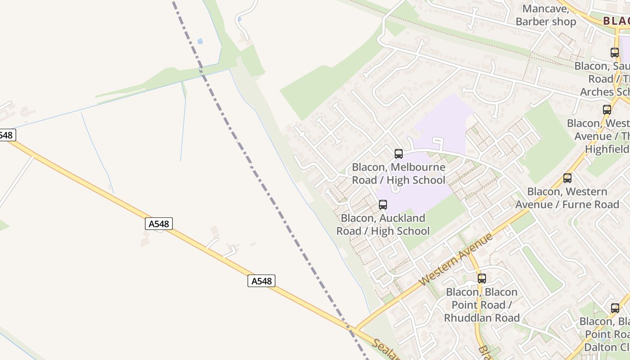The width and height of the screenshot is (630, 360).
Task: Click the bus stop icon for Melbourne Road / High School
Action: point(398,154)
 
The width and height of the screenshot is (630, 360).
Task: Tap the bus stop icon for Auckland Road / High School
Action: point(382,205)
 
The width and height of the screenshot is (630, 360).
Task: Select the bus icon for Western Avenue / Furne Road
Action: point(567,178)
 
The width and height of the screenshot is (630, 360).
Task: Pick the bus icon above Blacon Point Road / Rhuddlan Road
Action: point(481,279)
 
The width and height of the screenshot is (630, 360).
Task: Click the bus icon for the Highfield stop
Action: point(607,110)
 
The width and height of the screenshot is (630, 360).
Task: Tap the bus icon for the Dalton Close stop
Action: point(615,308)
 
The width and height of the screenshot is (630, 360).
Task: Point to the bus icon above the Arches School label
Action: point(614,52)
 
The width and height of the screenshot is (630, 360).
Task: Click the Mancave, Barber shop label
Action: point(545,15)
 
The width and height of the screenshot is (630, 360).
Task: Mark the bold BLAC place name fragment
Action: point(616,21)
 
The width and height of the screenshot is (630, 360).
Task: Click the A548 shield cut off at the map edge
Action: point(7,135)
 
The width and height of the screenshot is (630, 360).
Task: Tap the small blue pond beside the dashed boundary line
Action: point(200,41)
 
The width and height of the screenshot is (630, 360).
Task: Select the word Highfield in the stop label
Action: point(607,149)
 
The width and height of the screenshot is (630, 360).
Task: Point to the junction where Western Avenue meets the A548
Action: point(355,329)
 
